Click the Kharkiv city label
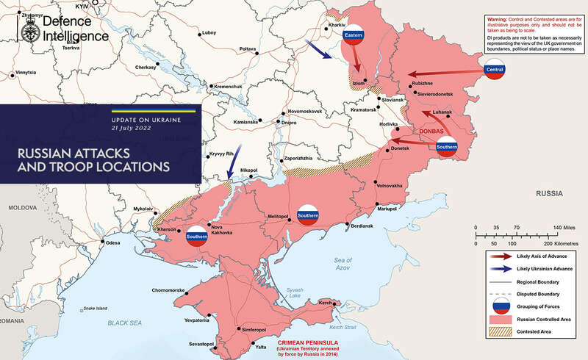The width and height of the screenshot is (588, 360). pyautogui.click(x=337, y=24)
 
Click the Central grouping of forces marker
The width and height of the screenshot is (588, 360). pyautogui.click(x=495, y=70)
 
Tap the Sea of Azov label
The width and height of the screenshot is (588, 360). pyautogui.click(x=344, y=264)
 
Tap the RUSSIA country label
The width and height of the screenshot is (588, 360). pyautogui.click(x=549, y=193)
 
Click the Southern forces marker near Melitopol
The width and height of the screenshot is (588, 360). pyautogui.click(x=306, y=215)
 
